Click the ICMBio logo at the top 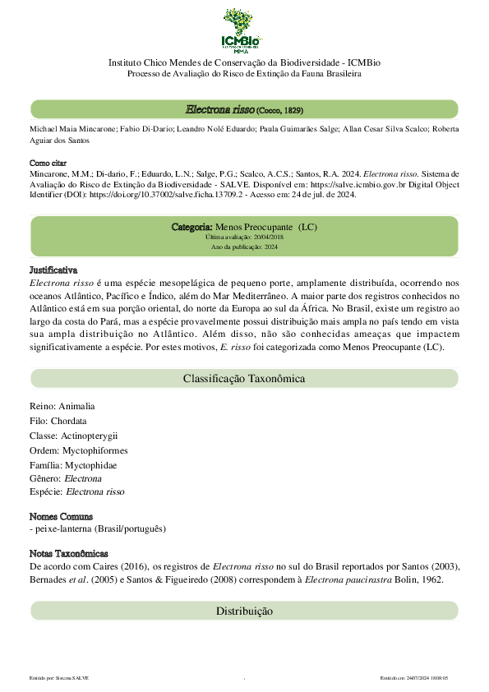click(x=244, y=30)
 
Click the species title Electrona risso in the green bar click(x=219, y=109)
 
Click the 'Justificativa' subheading click(x=53, y=270)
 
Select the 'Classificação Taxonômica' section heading click(x=244, y=379)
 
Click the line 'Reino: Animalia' click(x=62, y=406)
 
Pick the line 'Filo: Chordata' click(x=58, y=421)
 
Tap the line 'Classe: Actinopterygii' click(x=73, y=436)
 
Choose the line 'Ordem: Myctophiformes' click(x=78, y=450)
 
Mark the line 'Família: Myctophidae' click(x=72, y=465)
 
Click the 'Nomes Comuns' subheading click(x=60, y=516)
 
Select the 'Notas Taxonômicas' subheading click(x=68, y=554)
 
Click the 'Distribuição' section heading click(x=244, y=611)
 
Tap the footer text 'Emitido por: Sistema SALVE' click(x=58, y=678)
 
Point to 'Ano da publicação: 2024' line click(x=244, y=247)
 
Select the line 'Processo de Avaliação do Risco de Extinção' click(x=244, y=74)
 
